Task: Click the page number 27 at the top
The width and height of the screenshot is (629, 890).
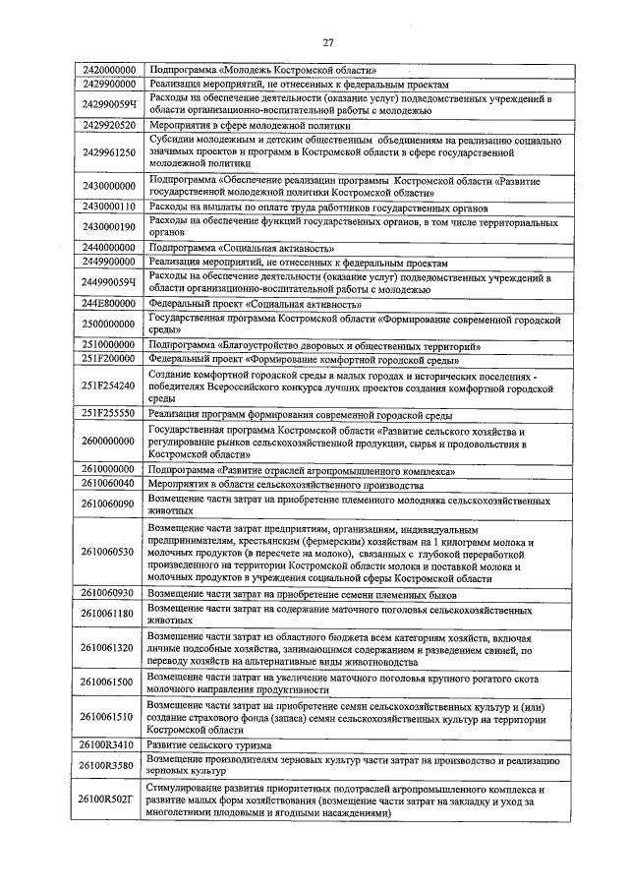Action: point(327,41)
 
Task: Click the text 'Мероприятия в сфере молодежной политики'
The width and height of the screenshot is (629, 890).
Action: point(250,127)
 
